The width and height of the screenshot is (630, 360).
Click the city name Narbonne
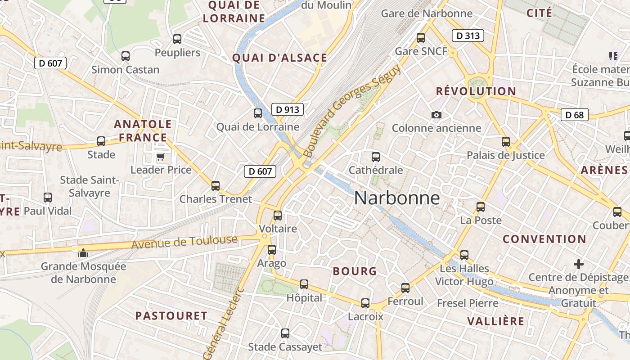click(397, 198)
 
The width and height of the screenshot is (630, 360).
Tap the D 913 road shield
click(287, 109)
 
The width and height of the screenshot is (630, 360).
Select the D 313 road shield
click(468, 36)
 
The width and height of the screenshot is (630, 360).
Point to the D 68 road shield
click(575, 115)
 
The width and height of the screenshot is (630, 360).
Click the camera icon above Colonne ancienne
click(436, 115)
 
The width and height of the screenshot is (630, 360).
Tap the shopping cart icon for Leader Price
click(161, 157)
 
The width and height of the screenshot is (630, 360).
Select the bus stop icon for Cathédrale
click(376, 157)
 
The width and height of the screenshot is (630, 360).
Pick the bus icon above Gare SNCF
click(421, 38)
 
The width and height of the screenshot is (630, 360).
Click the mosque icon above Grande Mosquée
click(83, 253)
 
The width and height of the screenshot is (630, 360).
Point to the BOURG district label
click(355, 271)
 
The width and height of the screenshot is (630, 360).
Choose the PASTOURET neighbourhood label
click(171, 316)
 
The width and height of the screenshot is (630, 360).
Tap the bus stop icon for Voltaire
click(278, 216)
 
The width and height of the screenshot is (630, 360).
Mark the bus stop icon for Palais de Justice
click(506, 142)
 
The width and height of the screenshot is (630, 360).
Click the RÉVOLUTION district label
click(476, 91)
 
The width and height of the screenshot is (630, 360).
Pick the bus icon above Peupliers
click(177, 39)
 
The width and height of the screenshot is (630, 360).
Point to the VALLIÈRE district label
click(495, 321)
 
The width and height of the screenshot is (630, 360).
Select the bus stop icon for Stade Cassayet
click(285, 333)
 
